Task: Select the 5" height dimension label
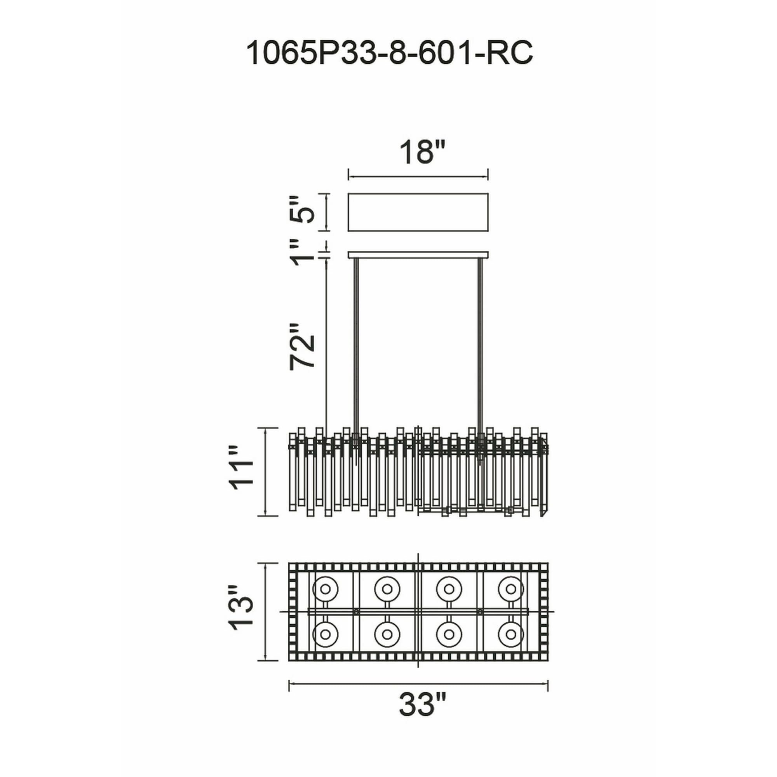pyautogui.click(x=301, y=210)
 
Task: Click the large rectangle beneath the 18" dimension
pyautogui.click(x=418, y=213)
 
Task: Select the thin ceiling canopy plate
pyautogui.click(x=418, y=255)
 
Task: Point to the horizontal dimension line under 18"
pyautogui.click(x=418, y=176)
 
